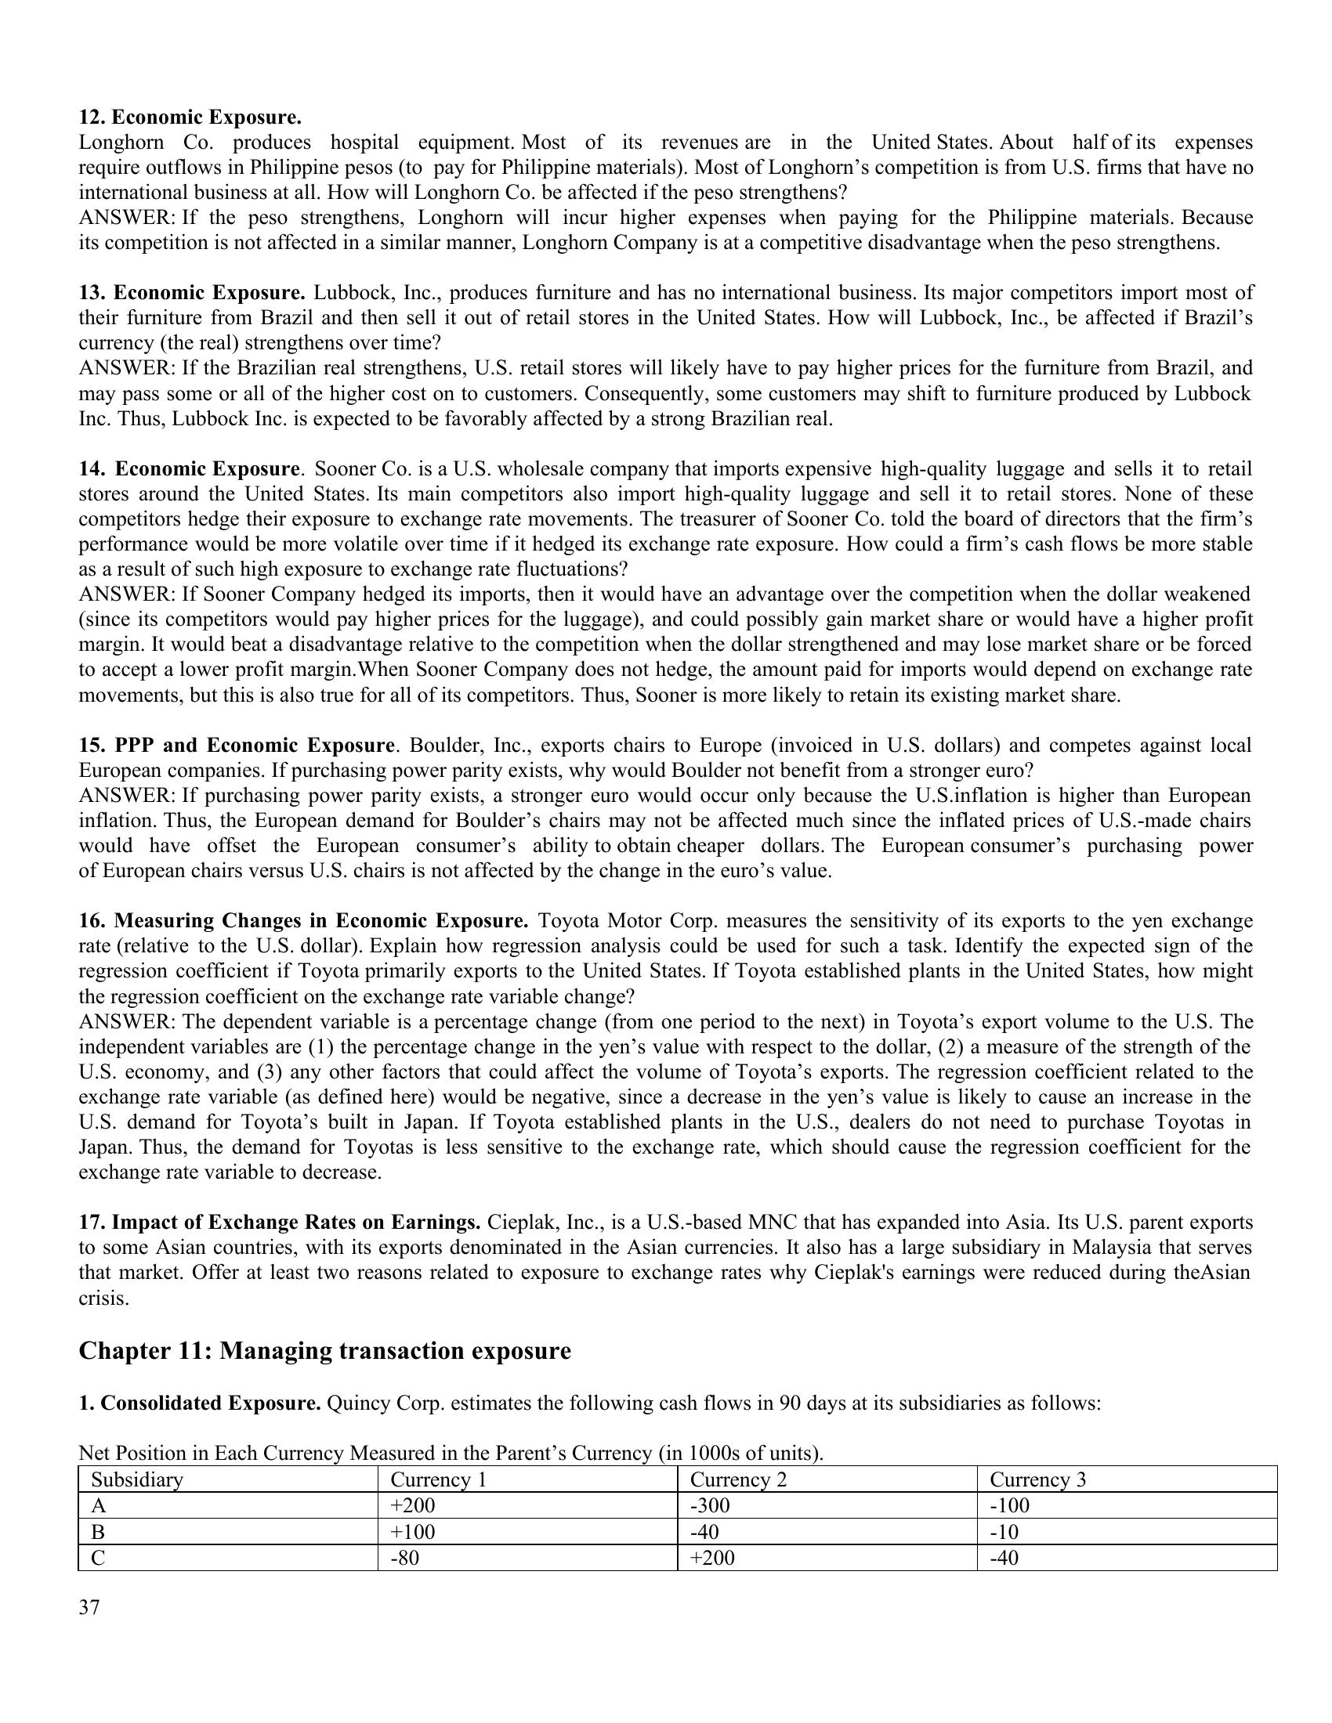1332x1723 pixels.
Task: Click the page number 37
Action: pyautogui.click(x=89, y=1608)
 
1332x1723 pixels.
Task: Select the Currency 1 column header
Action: pyautogui.click(x=438, y=1479)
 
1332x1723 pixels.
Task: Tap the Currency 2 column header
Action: pyautogui.click(x=738, y=1479)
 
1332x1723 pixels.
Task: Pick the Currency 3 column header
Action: pyautogui.click(x=1037, y=1479)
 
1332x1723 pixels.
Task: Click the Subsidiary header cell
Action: pyautogui.click(x=136, y=1479)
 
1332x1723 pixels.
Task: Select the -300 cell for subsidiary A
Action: pyautogui.click(x=710, y=1505)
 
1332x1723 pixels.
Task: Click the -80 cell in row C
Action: pyautogui.click(x=405, y=1557)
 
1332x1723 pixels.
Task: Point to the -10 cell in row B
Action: pyautogui.click(x=1004, y=1531)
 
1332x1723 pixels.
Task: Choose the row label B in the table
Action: pyautogui.click(x=99, y=1531)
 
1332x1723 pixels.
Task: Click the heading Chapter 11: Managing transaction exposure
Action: pyautogui.click(x=324, y=1351)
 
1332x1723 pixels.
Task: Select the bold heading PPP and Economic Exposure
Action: pyautogui.click(x=236, y=745)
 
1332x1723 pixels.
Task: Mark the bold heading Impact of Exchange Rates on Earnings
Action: pyautogui.click(x=281, y=1222)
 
